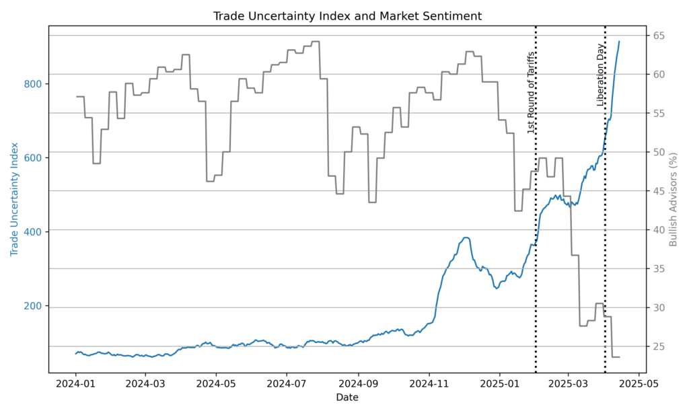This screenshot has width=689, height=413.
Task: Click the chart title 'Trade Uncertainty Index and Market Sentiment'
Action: click(x=347, y=15)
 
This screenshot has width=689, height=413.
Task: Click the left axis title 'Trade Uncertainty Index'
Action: click(x=14, y=199)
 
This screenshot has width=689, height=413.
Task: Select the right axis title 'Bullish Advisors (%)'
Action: click(x=674, y=199)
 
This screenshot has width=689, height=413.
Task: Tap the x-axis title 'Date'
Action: click(x=347, y=398)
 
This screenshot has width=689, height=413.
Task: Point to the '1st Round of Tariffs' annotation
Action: click(x=531, y=92)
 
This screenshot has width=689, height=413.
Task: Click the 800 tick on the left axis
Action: click(x=33, y=84)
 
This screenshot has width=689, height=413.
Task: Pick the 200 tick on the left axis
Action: click(x=33, y=306)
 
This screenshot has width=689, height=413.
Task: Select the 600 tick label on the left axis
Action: click(x=33, y=158)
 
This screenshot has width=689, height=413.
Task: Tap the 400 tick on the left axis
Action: click(x=33, y=232)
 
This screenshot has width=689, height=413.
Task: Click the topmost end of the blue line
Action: click(x=619, y=42)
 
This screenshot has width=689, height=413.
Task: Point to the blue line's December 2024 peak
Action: click(x=466, y=237)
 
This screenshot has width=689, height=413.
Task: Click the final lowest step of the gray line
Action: click(x=616, y=356)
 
